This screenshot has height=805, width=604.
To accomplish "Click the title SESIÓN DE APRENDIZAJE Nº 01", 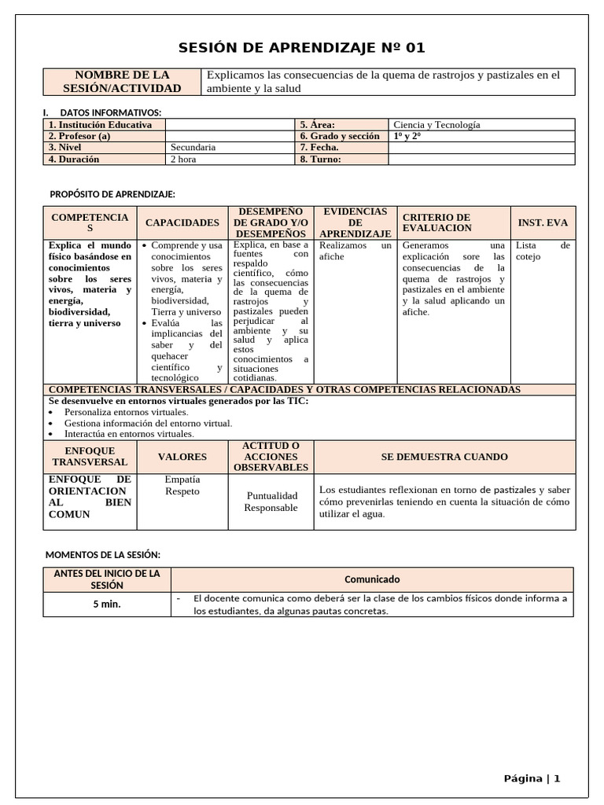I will click(x=302, y=48).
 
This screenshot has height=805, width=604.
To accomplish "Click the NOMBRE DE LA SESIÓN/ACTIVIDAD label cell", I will click(x=123, y=82).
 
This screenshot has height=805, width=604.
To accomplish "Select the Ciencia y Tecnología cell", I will click(x=436, y=124).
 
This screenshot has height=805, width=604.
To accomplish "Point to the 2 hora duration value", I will click(x=183, y=159).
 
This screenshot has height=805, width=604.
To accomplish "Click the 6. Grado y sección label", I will click(x=340, y=136).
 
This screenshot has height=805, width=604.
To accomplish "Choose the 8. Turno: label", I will click(x=320, y=159).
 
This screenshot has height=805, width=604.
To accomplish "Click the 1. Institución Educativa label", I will click(x=100, y=124).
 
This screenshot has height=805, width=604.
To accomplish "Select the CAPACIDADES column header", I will click(x=182, y=223).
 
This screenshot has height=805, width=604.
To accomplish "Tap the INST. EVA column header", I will click(x=543, y=223).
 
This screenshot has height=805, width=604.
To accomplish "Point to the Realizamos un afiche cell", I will click(x=355, y=251).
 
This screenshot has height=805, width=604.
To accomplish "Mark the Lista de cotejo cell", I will click(x=543, y=251).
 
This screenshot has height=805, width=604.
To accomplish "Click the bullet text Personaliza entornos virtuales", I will click(x=126, y=412).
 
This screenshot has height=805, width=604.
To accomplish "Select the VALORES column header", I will click(x=182, y=457).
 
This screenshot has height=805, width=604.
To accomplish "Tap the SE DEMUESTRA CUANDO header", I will click(x=444, y=457).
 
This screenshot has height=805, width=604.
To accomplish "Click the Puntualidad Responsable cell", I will click(x=271, y=502).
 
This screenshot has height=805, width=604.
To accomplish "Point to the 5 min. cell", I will click(x=106, y=605).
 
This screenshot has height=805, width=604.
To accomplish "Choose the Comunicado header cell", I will click(x=372, y=579).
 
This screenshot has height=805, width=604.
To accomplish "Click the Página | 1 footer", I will click(x=532, y=778).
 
